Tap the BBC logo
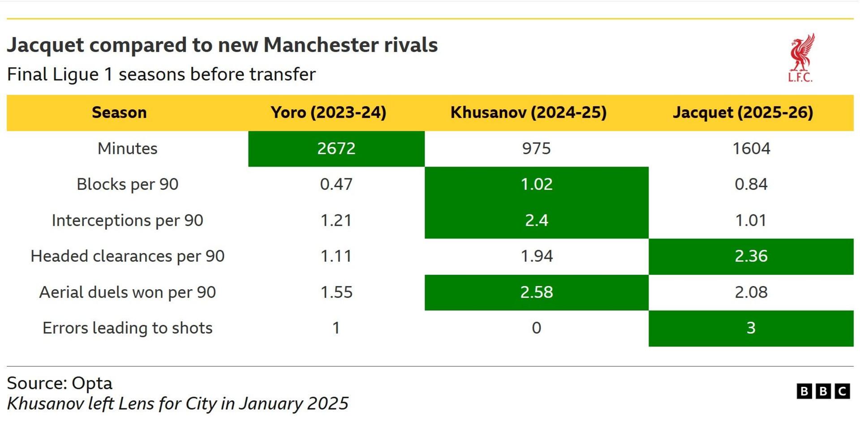pyautogui.click(x=823, y=391)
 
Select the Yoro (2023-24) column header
pyautogui.click(x=328, y=112)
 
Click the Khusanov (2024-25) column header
pyautogui.click(x=529, y=112)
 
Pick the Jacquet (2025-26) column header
pyautogui.click(x=743, y=112)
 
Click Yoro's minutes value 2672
pyautogui.click(x=336, y=149)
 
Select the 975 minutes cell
pyautogui.click(x=536, y=149)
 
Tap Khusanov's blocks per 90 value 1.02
pyautogui.click(x=536, y=184)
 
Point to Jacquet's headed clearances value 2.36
pyautogui.click(x=751, y=256)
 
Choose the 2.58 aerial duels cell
pyautogui.click(x=536, y=292)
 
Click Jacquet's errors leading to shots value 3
pyautogui.click(x=751, y=328)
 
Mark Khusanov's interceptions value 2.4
pyautogui.click(x=536, y=220)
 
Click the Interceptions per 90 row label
pyautogui.click(x=127, y=220)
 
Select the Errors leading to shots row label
pyautogui.click(x=127, y=328)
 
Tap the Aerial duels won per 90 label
pyautogui.click(x=127, y=292)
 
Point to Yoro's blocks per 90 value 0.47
pyautogui.click(x=336, y=184)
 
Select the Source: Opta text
pyautogui.click(x=60, y=383)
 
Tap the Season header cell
pyautogui.click(x=119, y=112)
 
